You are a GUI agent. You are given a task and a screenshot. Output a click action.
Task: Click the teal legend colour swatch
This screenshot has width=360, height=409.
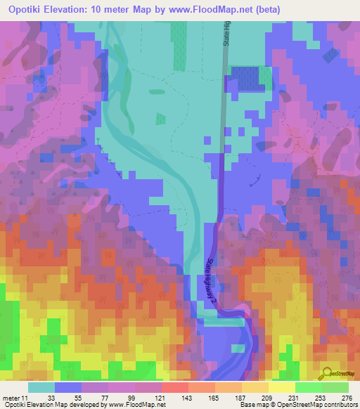[41, 387]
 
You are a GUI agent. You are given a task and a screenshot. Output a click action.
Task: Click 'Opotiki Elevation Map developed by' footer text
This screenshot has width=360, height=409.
[46, 405]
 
